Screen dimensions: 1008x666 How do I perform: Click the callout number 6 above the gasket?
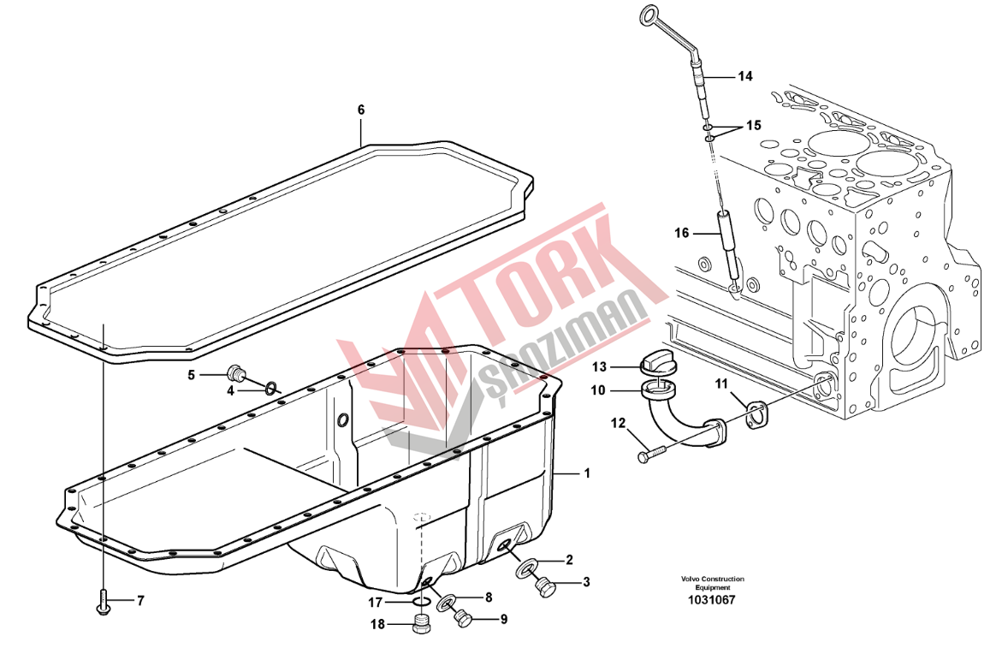[x=360, y=110]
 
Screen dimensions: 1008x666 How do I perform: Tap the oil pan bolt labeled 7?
[x=103, y=601]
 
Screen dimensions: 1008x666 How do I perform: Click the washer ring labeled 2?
[x=526, y=568]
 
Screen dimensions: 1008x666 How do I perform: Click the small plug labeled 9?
[x=463, y=618]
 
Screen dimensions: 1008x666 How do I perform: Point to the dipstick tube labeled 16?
[x=727, y=246]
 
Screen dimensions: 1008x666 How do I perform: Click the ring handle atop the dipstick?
[x=650, y=15]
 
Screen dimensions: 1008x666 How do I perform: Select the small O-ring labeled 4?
[x=272, y=387]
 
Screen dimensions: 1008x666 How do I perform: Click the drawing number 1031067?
[x=712, y=600]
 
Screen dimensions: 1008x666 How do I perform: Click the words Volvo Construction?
[x=713, y=579]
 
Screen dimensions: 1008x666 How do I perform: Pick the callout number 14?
[x=744, y=76]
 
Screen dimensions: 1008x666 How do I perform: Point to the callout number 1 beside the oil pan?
[x=586, y=473]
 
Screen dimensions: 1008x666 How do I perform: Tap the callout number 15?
[x=753, y=125]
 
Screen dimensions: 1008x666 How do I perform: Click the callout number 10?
[x=598, y=390]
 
